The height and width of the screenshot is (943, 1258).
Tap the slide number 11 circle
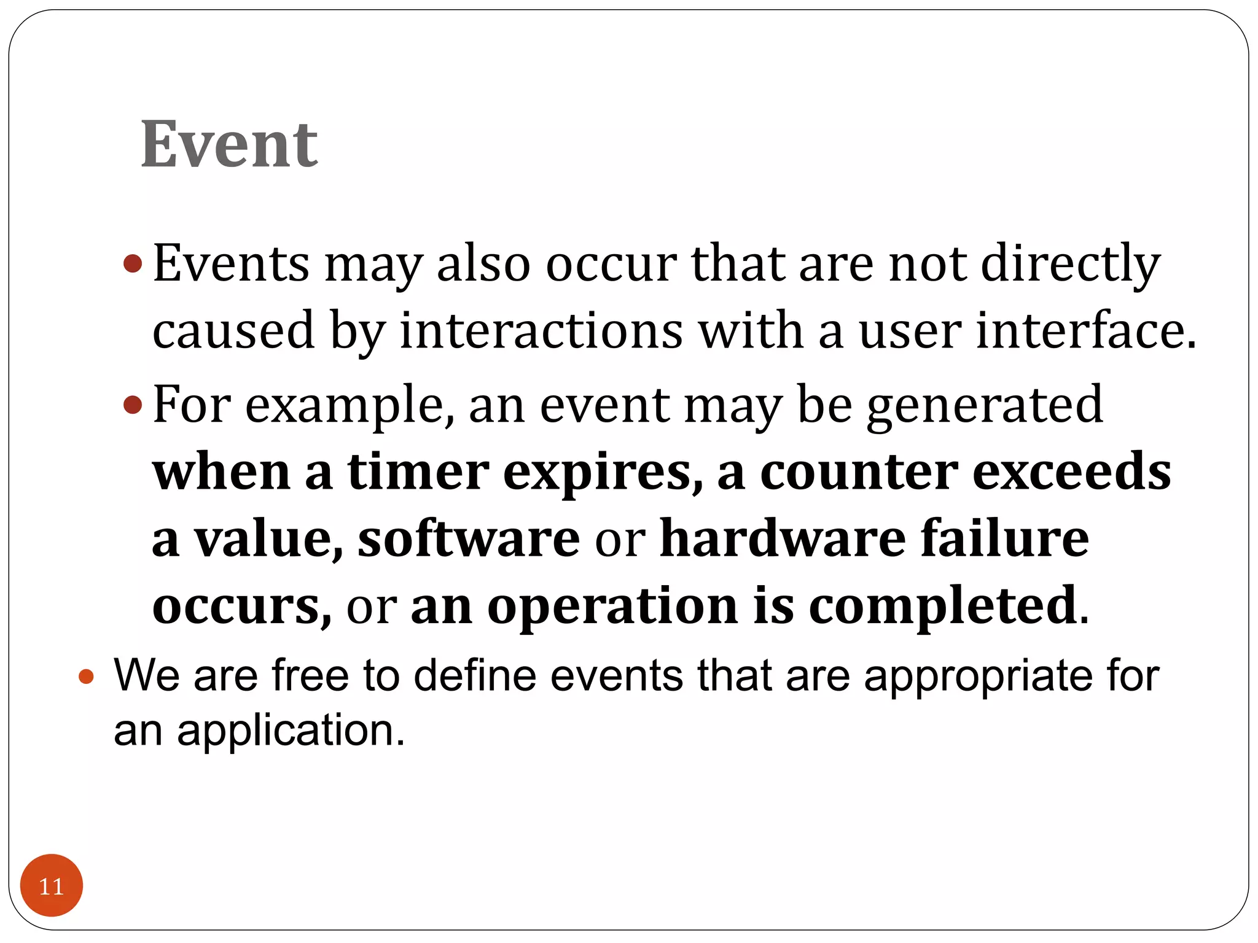52,885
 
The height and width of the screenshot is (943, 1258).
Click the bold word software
469,538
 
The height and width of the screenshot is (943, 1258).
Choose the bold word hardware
783,538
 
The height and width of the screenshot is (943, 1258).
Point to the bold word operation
612,606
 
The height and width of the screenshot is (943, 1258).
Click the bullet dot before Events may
133,265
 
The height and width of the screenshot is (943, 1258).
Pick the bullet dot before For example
133,405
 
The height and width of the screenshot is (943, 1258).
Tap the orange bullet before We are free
87,677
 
